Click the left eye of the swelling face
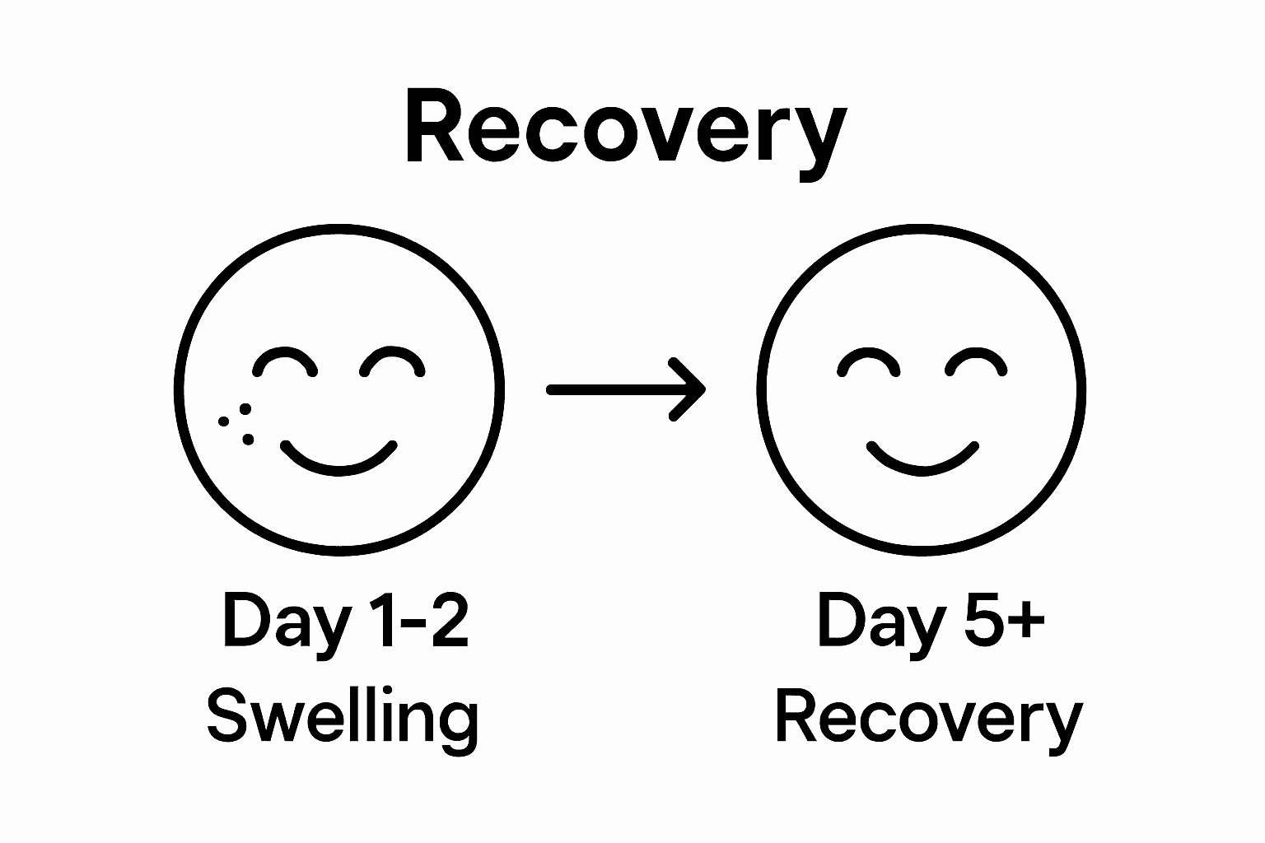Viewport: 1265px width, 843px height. point(285,362)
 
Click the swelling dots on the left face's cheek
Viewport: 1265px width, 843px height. point(236,423)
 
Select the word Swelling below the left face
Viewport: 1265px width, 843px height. point(342,718)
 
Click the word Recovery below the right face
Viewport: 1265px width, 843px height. point(928,718)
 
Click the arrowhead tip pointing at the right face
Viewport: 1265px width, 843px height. point(703,389)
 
